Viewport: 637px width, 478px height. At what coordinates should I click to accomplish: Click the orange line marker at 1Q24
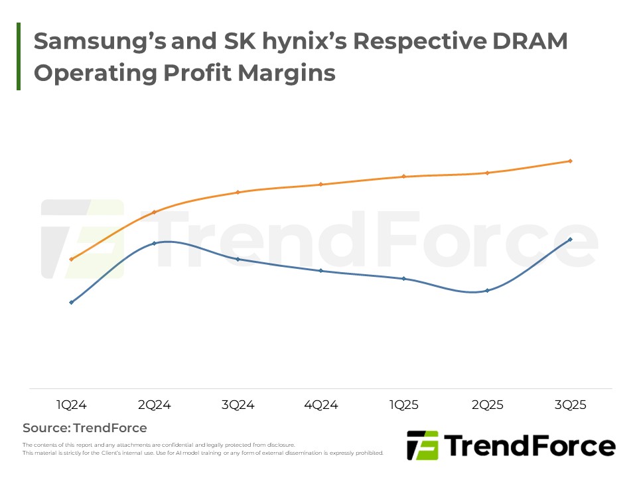pos(71,259)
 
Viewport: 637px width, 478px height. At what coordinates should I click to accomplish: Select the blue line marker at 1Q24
pos(71,302)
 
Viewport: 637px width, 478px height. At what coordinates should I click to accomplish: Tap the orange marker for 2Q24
pos(155,212)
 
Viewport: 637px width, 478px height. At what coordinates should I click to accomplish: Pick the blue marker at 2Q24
pos(155,243)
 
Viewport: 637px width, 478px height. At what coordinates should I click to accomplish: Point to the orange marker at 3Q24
pos(238,193)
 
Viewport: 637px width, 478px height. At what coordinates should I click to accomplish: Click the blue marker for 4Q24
pos(321,271)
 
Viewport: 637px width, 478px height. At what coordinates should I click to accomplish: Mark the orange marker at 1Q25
pos(404,177)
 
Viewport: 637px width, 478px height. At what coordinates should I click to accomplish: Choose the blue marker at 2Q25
pos(488,291)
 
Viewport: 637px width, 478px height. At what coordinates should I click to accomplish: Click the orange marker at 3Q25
pos(571,161)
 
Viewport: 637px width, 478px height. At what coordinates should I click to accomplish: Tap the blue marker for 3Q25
pos(571,239)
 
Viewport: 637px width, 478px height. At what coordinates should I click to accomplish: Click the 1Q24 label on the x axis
pos(71,405)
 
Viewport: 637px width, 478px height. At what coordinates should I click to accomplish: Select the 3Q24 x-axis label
pos(238,405)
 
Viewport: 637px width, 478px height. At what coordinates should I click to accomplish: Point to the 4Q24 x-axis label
pos(321,405)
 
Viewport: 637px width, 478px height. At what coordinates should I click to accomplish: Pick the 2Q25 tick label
pos(488,405)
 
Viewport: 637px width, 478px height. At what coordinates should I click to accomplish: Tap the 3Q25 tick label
pos(571,405)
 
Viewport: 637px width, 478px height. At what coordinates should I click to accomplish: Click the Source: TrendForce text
pos(85,428)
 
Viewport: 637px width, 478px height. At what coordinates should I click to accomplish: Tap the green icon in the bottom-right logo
pos(422,445)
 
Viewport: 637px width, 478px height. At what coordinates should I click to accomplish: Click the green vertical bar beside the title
pos(19,56)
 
